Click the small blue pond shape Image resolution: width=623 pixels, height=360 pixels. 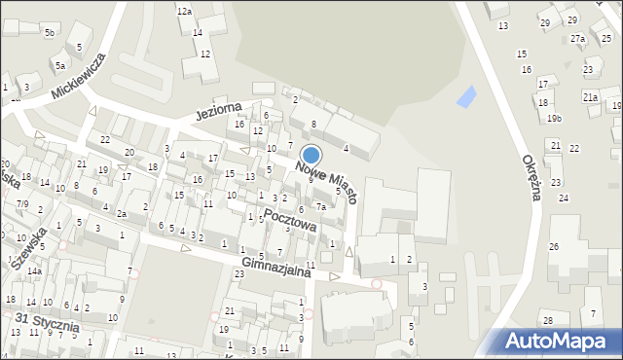468,96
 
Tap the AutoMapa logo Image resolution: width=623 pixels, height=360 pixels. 560,341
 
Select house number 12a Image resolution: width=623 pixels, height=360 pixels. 183,11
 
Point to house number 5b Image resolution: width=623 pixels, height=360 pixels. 48,32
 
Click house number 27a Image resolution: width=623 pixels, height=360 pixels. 578,39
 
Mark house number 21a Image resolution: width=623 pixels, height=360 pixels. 590,97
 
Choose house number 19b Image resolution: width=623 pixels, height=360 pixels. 554,119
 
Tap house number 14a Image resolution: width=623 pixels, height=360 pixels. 34,271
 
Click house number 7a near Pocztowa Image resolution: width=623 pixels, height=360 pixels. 320,206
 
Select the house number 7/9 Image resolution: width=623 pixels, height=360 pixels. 21,203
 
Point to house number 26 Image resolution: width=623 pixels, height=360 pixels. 554,247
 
